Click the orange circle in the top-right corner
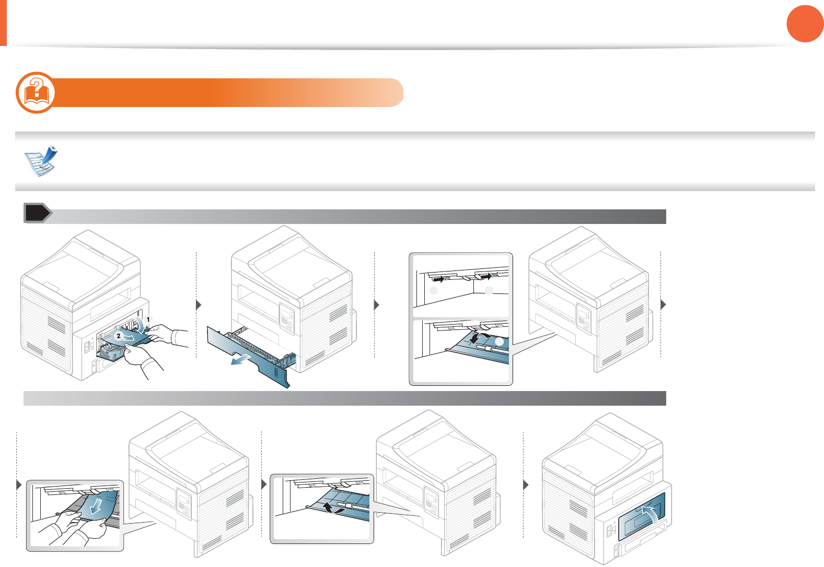pos(805,23)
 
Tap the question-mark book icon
pos(36,92)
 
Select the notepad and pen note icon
pos(41,161)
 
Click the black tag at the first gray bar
pos(37,213)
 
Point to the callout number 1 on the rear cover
pos(148,318)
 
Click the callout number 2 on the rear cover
pos(119,336)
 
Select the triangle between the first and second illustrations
pos(199,305)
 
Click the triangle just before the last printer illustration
pos(526,485)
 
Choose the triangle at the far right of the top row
pos(664,304)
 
